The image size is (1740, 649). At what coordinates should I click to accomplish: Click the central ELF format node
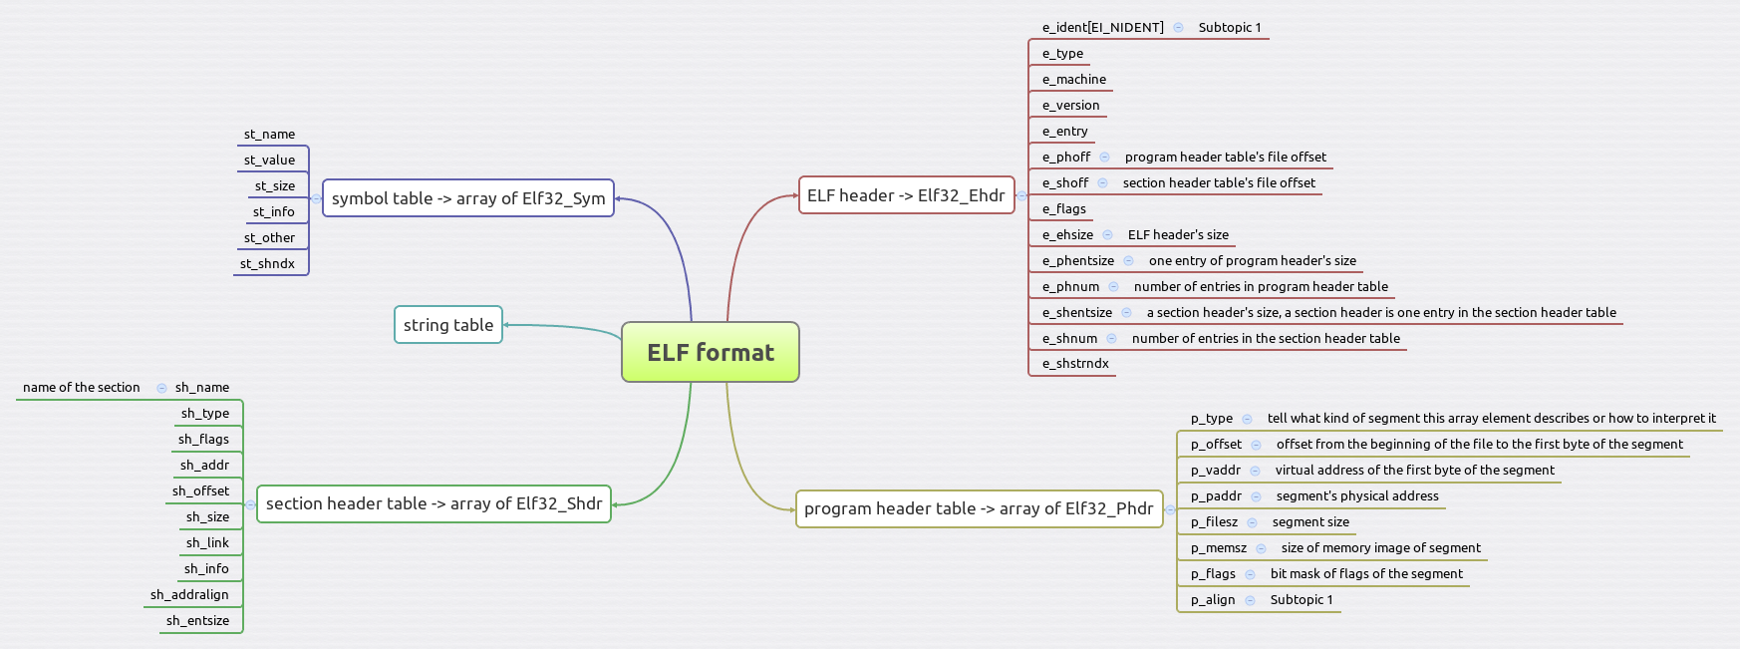710,352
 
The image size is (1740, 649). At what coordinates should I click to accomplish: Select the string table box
448,325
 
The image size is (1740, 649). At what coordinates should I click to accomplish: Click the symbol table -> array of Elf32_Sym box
467,198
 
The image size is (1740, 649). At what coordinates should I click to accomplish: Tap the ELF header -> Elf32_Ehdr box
905,195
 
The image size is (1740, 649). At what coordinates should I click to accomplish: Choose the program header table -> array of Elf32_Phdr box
978,508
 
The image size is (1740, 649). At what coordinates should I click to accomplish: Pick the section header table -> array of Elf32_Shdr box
434,503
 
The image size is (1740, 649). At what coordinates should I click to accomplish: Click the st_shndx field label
267,263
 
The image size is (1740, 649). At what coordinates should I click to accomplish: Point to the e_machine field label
1073,79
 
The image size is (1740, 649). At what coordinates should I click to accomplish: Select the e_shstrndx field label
1075,363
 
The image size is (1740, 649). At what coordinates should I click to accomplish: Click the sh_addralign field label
189,594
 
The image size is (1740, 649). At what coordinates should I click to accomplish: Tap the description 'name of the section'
82,387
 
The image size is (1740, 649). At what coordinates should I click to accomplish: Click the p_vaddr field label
1215,470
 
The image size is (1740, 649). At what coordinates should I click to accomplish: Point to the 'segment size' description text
1310,521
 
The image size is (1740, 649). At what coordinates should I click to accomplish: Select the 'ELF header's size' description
1178,234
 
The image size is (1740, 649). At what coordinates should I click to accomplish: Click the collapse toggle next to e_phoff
1104,157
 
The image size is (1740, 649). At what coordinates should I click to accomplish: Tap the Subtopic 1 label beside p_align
1301,599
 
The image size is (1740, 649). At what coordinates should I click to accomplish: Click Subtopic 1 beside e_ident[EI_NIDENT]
1230,27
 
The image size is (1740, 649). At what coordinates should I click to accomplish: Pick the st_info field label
273,211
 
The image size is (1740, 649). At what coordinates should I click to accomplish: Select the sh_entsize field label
197,620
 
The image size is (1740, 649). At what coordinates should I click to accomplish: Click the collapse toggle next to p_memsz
1261,548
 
